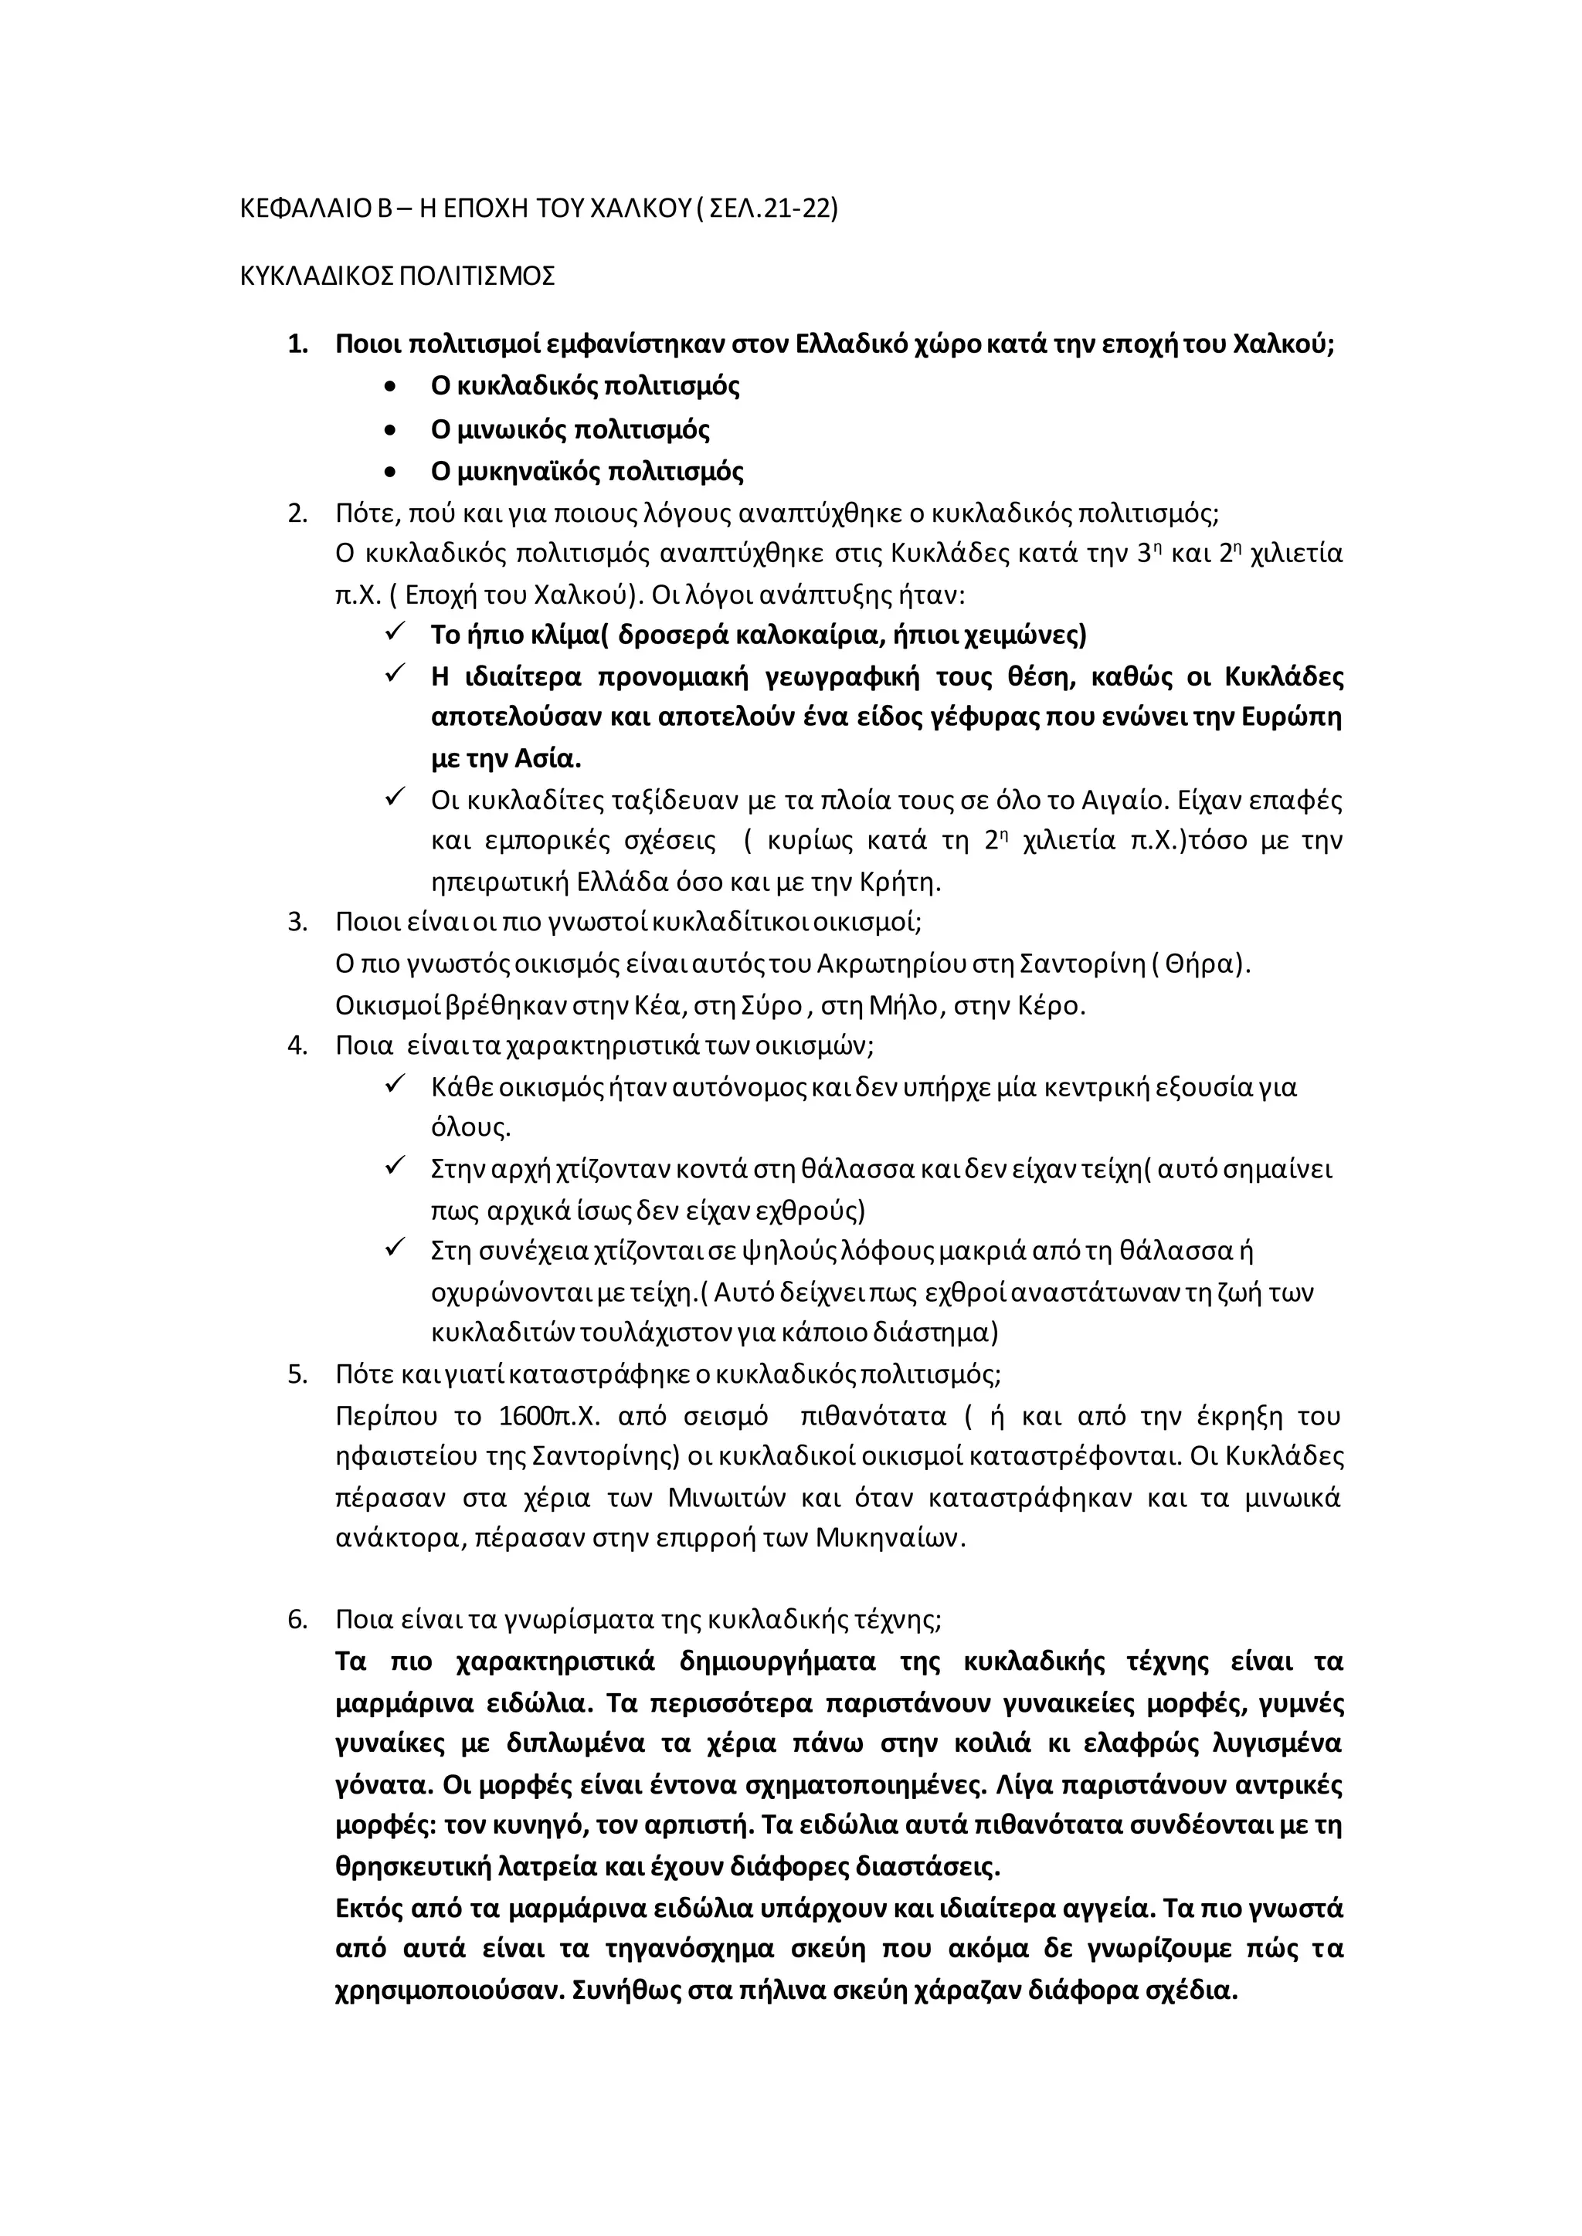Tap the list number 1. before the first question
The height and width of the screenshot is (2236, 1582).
pyautogui.click(x=298, y=345)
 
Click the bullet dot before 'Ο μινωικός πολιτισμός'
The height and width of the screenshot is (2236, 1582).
pyautogui.click(x=392, y=431)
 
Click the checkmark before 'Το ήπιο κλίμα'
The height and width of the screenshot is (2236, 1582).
pyautogui.click(x=395, y=633)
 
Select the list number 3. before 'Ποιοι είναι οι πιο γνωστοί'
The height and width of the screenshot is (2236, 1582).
pyautogui.click(x=298, y=921)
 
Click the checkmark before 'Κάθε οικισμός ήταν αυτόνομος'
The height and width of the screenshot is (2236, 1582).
pyautogui.click(x=395, y=1084)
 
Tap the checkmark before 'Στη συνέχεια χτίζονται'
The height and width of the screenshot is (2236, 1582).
pyautogui.click(x=395, y=1248)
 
